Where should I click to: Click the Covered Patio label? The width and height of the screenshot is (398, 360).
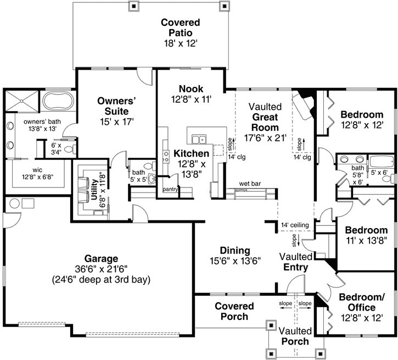pos(180,27)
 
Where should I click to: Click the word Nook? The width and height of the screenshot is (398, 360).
pos(190,88)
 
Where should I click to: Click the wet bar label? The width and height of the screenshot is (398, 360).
pos(249,183)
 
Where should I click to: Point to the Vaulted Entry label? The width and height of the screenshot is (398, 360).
pos(296,262)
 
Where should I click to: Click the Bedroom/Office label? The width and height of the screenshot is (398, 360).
pos(361,302)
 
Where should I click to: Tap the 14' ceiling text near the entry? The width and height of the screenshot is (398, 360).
pos(295,225)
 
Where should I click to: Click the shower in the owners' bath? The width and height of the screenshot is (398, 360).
pos(21,102)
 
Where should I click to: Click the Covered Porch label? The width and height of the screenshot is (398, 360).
pos(234,311)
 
